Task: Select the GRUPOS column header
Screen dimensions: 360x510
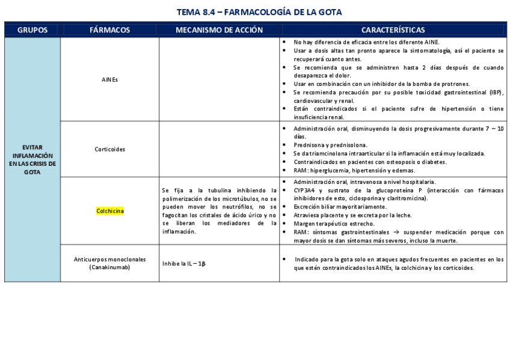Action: pos(32,29)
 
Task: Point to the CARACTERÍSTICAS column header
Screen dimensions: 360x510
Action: pos(393,29)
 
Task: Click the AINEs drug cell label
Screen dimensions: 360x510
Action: pos(110,79)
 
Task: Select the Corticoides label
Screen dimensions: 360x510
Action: pos(110,149)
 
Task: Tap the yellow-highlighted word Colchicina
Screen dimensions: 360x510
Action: pos(110,211)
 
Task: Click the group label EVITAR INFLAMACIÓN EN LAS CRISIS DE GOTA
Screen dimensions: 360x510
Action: pos(32,159)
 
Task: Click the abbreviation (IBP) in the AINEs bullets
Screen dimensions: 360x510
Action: pos(495,92)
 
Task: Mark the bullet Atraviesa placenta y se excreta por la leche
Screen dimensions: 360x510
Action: pos(352,215)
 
